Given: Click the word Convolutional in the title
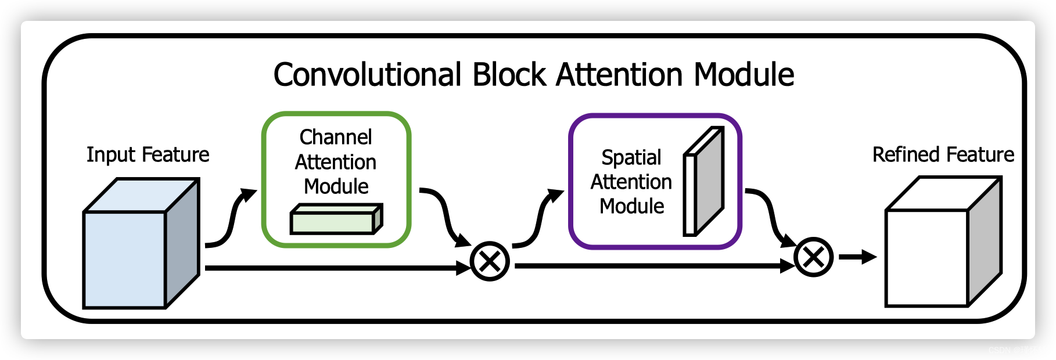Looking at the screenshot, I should (368, 75).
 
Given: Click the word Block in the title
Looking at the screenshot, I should (509, 75).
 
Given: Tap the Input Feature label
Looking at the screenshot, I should (148, 154).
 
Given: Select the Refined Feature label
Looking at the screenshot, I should (943, 154).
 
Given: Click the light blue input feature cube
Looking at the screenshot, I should (125, 258).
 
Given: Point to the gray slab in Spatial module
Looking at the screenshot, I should (709, 181).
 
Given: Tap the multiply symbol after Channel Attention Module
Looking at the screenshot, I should (490, 262).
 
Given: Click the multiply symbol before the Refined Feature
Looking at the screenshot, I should (813, 257).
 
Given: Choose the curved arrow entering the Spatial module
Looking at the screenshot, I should (539, 219).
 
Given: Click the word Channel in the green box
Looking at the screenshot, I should (336, 137).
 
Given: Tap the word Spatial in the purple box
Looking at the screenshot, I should (631, 157).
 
